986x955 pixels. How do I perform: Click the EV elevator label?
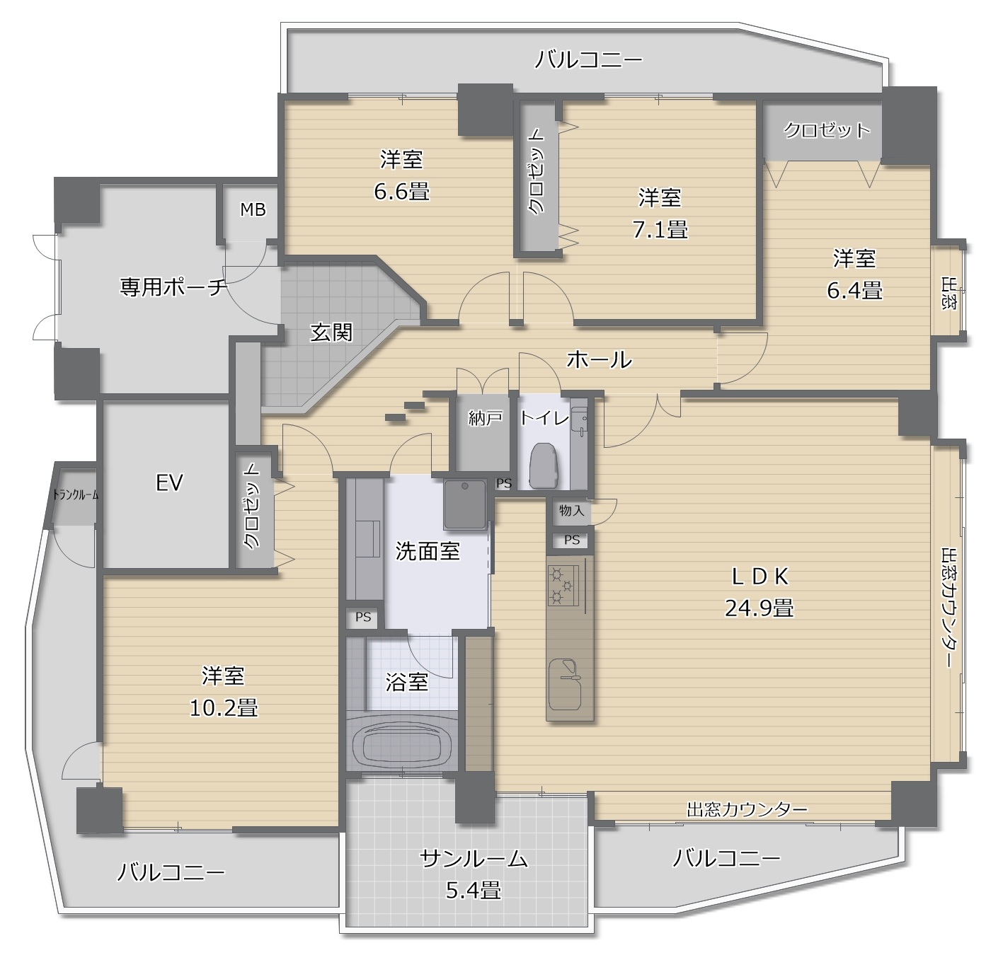168,483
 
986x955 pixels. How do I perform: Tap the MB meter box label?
253,209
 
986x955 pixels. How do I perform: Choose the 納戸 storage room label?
485,418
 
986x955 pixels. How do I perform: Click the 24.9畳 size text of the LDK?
759,608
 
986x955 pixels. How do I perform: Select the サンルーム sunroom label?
474,859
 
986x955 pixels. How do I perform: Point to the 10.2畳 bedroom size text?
224,707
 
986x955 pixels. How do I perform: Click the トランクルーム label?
76,494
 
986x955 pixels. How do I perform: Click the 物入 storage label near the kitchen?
571,511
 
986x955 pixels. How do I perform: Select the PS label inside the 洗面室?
363,618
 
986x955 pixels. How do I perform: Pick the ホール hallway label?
599,359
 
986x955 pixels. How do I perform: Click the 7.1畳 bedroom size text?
660,231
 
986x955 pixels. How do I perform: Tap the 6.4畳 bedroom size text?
855,291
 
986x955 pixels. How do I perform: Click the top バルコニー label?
589,60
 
